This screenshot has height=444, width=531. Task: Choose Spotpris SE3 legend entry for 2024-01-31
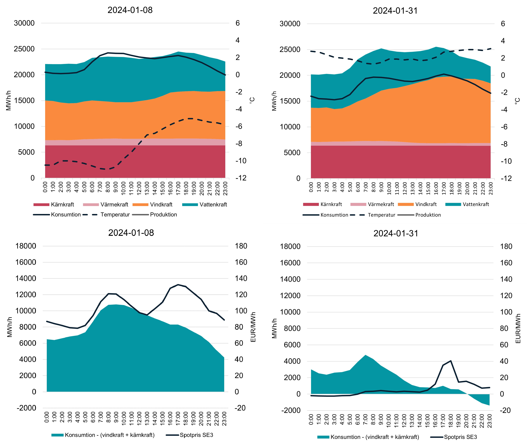tap(460, 437)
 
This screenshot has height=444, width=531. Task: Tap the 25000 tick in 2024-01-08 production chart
tap(24, 49)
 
